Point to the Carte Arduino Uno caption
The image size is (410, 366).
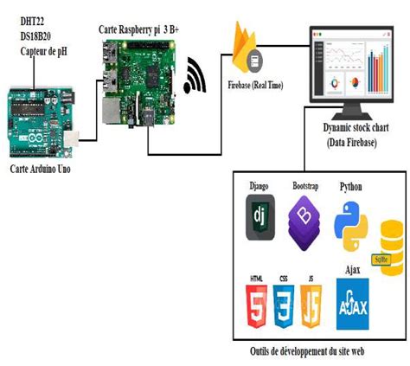(46, 168)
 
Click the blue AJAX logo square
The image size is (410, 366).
(352, 303)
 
